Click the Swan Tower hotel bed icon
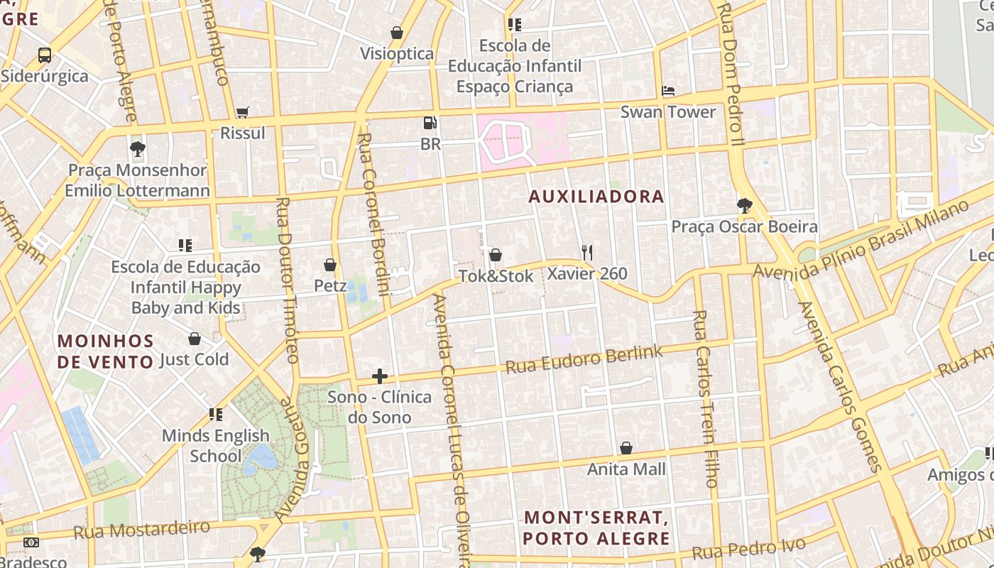tap(667, 92)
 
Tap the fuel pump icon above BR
tap(430, 124)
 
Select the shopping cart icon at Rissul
tap(243, 112)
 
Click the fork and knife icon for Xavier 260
tap(586, 253)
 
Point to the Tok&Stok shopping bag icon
tap(496, 255)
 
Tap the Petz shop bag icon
tap(330, 265)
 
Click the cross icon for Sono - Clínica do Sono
tap(380, 376)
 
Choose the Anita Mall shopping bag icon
tap(626, 448)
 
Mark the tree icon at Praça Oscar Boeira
tap(744, 206)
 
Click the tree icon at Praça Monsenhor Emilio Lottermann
tap(138, 149)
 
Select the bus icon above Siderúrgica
tap(45, 55)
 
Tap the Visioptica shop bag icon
tap(397, 33)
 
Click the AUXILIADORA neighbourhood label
tap(596, 197)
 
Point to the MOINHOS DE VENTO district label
tap(106, 351)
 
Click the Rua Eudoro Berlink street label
tap(584, 359)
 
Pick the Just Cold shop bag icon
tap(195, 339)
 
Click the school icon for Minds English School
tap(216, 415)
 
